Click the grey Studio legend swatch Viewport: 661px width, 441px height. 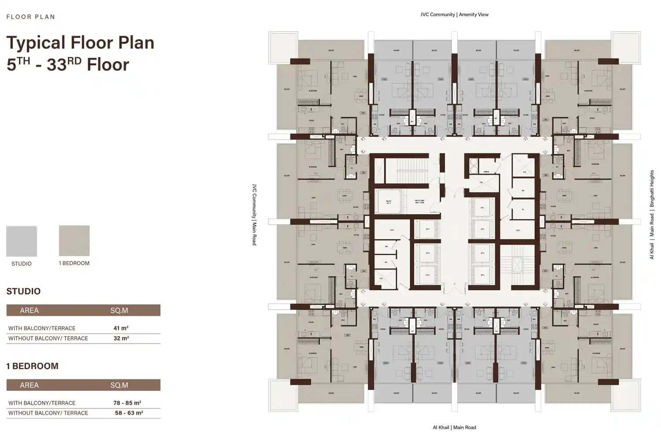(x=22, y=241)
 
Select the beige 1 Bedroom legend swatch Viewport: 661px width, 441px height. (x=74, y=241)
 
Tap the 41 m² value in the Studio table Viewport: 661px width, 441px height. (x=121, y=328)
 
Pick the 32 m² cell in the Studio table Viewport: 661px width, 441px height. (x=121, y=338)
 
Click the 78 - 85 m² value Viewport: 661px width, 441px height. (x=127, y=403)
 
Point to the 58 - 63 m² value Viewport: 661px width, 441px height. (x=129, y=413)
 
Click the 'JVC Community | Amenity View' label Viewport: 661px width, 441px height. (x=454, y=15)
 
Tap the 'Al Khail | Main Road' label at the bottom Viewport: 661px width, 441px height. (x=454, y=427)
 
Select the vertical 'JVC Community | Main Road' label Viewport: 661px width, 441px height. (x=254, y=214)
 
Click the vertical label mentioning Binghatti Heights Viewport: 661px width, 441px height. (x=652, y=214)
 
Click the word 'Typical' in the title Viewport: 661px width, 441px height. (x=36, y=43)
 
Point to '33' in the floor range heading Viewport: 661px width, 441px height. (x=56, y=65)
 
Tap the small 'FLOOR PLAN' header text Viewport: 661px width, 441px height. (x=31, y=17)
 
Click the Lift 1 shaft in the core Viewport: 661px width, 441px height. (x=482, y=208)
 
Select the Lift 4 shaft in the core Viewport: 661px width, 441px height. (x=482, y=275)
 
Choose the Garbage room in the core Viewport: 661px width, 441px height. (x=486, y=171)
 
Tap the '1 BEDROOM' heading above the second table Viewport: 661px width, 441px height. (x=32, y=366)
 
